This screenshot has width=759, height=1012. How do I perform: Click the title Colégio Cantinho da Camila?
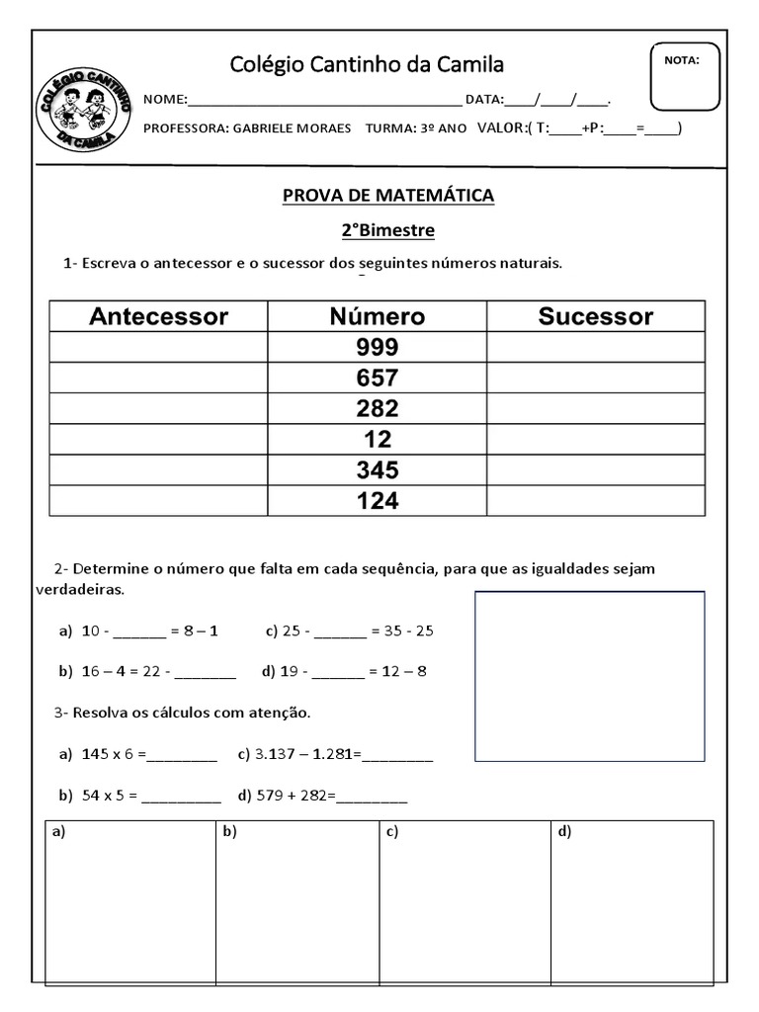tap(367, 64)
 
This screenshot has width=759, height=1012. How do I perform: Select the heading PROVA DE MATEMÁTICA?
tap(388, 196)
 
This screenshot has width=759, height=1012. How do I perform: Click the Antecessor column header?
tap(159, 316)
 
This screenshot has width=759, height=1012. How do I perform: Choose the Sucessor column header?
tap(595, 316)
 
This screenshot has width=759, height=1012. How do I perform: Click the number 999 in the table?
tap(378, 347)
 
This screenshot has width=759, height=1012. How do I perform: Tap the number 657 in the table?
tap(378, 378)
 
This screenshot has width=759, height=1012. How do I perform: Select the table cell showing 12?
tap(378, 439)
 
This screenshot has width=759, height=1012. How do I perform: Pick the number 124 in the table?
tap(378, 501)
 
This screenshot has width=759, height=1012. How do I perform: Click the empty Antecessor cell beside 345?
tap(159, 470)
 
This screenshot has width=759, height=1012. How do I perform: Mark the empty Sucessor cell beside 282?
tap(595, 408)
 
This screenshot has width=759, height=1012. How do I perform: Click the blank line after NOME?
tap(324, 100)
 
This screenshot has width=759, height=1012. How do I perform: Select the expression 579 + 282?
tap(295, 795)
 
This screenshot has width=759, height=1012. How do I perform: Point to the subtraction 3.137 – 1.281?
tap(307, 755)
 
